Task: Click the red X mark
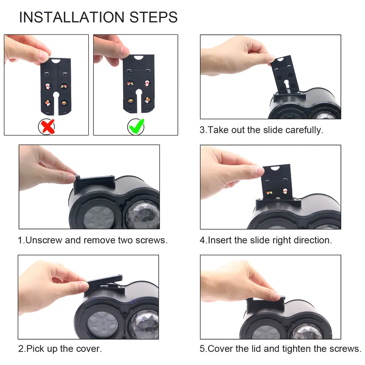click(47, 127)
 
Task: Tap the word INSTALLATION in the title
click(72, 17)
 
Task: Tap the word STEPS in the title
click(153, 17)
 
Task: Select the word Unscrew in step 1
click(44, 240)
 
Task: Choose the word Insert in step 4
click(220, 240)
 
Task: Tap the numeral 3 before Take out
click(202, 130)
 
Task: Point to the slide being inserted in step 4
click(277, 182)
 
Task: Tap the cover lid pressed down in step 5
click(266, 305)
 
